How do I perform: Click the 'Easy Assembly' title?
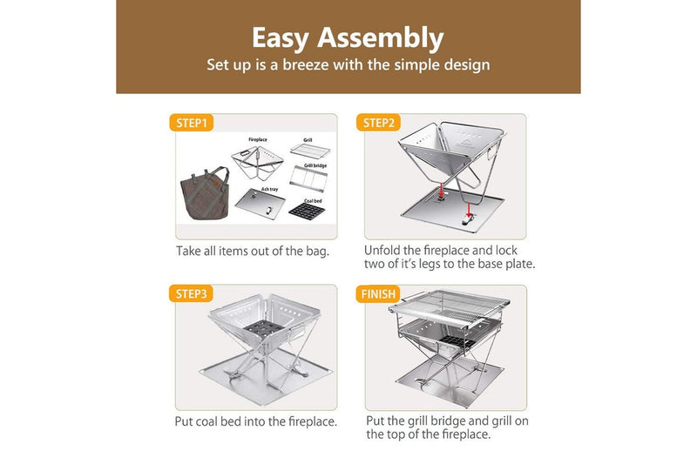click(x=348, y=37)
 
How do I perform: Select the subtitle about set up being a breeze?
click(x=348, y=65)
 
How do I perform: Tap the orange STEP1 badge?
click(x=191, y=123)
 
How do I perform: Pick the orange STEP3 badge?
click(x=191, y=293)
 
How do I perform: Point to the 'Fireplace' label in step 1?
click(x=258, y=139)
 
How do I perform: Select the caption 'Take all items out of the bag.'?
click(x=252, y=251)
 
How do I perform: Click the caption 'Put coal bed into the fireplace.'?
click(x=256, y=422)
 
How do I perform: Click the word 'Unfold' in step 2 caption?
click(x=384, y=250)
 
